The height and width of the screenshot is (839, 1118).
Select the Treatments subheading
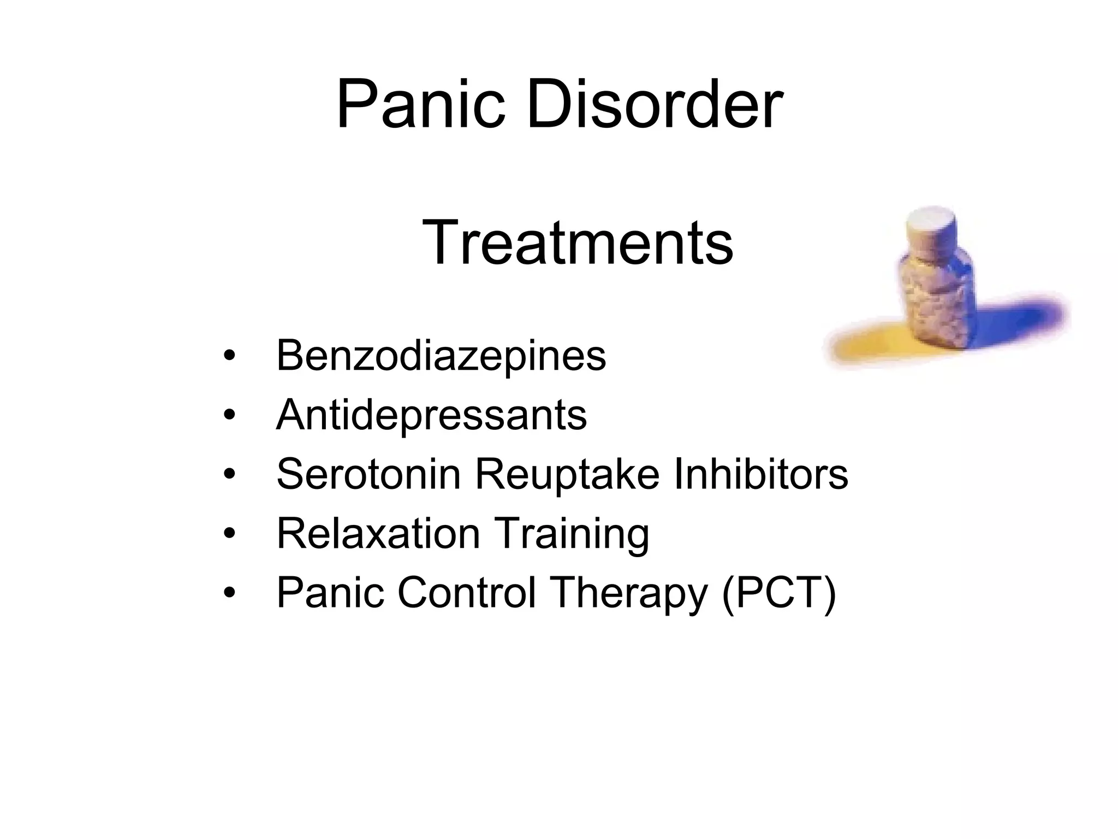click(x=578, y=242)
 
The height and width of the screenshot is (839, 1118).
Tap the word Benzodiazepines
click(x=441, y=356)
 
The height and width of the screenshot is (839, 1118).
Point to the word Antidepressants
click(x=431, y=415)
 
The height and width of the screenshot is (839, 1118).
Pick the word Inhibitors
click(x=761, y=474)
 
